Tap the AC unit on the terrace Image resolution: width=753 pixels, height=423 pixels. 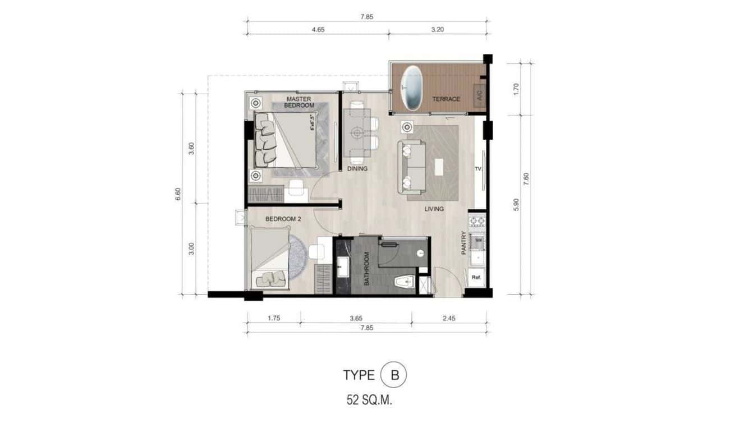coord(479,95)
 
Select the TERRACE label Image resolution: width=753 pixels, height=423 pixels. coord(446,99)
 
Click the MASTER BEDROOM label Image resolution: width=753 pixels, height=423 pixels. coord(299,102)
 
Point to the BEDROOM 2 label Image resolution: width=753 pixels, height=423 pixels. coord(283,219)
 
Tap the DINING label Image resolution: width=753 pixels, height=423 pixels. coord(357,168)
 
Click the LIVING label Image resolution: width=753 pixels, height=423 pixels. coord(434,209)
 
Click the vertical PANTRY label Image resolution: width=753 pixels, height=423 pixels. coord(464,243)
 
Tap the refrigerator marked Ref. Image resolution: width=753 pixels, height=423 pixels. coord(476,277)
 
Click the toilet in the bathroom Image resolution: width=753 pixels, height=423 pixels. coord(404,283)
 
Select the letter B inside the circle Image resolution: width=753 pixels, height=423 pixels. coord(394,375)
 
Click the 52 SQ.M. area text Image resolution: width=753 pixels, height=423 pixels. coord(373,401)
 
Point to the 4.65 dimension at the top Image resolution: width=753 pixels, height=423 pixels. coord(316,30)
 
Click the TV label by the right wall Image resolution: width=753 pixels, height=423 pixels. coord(478,168)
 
